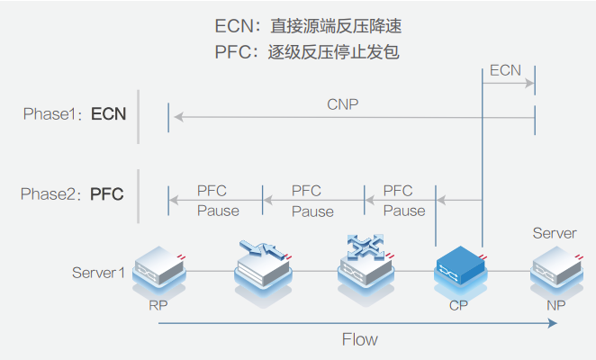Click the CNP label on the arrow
click(x=342, y=104)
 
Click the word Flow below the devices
click(x=359, y=339)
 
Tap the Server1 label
click(x=98, y=272)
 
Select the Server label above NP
click(x=555, y=233)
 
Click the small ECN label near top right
click(x=506, y=69)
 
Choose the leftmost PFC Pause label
click(x=217, y=201)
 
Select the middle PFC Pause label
click(x=312, y=201)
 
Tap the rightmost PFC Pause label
click(x=403, y=201)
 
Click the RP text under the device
click(x=158, y=305)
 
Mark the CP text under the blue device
click(x=458, y=305)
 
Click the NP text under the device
click(x=556, y=305)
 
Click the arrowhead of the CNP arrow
click(x=178, y=115)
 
